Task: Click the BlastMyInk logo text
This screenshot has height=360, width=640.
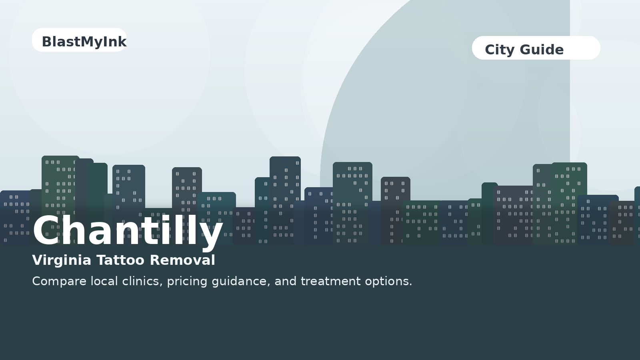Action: (84, 42)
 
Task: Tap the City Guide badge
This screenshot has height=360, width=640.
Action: (536, 48)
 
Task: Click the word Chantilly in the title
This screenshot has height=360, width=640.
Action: (128, 231)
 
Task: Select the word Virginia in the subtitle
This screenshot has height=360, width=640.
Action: (62, 260)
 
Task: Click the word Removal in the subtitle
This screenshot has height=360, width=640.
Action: (182, 260)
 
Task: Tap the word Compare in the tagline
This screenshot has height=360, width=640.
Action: (59, 282)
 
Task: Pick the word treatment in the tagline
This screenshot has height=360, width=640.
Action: (330, 282)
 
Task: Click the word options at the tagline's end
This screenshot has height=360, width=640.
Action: (388, 282)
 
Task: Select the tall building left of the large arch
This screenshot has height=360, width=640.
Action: (285, 200)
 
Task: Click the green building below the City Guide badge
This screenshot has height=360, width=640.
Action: (569, 203)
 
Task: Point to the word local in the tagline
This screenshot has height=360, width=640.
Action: (104, 281)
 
